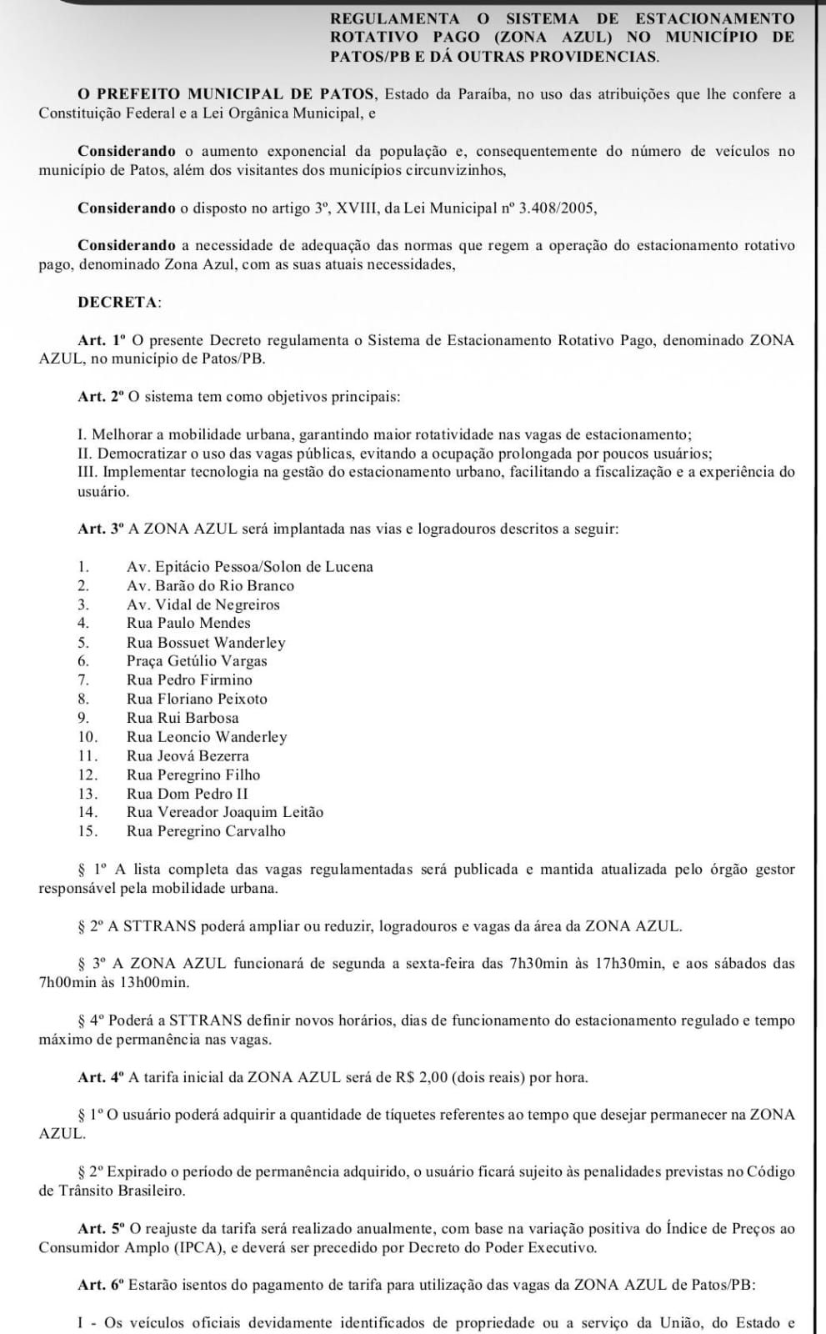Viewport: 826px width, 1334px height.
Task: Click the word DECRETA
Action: [118, 303]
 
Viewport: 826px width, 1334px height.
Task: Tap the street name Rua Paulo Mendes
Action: [188, 623]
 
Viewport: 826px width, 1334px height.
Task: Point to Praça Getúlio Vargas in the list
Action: [197, 661]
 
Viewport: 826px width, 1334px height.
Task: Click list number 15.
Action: [88, 831]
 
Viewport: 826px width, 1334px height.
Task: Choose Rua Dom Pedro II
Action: [188, 794]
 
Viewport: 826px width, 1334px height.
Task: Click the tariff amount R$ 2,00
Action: [422, 1077]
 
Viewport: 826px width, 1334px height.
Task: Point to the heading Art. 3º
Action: [100, 529]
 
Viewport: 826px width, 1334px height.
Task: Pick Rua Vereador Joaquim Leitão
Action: [225, 812]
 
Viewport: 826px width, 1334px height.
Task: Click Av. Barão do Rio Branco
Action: [210, 585]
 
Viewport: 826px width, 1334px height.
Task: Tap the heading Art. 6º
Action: [100, 1286]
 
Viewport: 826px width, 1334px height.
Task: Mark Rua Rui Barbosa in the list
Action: [183, 718]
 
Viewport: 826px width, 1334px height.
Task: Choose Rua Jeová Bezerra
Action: [188, 756]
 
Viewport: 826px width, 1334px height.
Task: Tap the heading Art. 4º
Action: [100, 1077]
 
